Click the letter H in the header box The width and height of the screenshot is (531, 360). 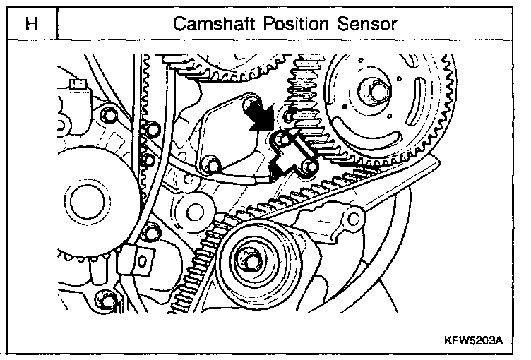pos(30,24)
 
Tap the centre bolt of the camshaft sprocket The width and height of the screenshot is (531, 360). pos(372,91)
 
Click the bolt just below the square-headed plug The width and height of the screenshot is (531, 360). pos(107,114)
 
